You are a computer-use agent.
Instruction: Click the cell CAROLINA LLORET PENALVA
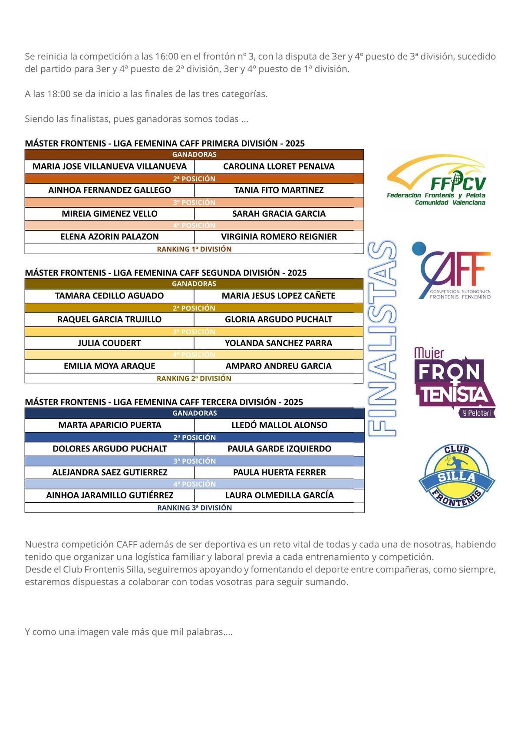(279, 167)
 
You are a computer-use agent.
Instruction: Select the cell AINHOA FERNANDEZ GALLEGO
(109, 190)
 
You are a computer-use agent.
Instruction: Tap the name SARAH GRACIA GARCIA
(279, 214)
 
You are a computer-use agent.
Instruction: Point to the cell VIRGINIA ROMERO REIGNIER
(279, 237)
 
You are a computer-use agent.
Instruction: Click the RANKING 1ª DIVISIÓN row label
(194, 249)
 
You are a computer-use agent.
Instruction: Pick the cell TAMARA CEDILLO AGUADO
(109, 296)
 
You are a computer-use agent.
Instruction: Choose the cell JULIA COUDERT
(109, 343)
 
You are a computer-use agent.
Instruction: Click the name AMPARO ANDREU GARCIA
(279, 366)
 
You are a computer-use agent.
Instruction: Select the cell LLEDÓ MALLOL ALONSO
(279, 425)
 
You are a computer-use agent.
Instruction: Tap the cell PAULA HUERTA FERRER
(279, 472)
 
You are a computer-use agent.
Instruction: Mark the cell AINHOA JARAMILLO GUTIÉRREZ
(110, 495)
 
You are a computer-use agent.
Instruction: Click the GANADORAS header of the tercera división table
(195, 413)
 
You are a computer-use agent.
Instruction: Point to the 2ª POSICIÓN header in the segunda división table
(194, 308)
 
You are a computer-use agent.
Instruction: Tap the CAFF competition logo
(452, 271)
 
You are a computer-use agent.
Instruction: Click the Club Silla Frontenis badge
(457, 476)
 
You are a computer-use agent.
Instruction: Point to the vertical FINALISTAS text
(383, 339)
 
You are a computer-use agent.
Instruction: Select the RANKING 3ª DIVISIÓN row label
(195, 508)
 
